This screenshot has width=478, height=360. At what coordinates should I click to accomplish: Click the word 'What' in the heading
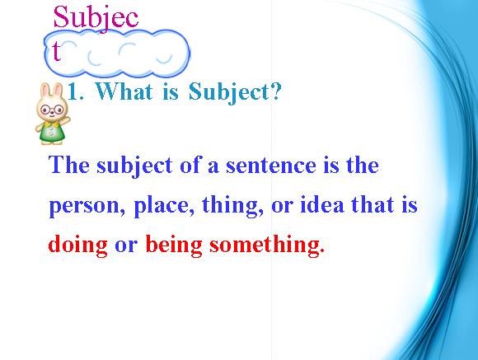point(124,91)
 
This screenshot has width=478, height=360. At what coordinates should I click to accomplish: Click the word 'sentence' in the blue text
point(271,166)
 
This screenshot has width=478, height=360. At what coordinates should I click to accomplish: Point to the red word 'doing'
point(77,245)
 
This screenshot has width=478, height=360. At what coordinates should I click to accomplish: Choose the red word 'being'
point(174,245)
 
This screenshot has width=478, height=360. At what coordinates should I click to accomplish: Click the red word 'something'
point(265,245)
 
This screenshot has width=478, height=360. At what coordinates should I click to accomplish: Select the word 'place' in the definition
point(162,206)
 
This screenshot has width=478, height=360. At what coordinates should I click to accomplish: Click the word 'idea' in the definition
point(322,204)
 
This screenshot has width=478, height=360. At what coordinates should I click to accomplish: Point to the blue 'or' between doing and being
point(126,245)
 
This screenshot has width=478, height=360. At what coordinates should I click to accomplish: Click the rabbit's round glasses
point(52,109)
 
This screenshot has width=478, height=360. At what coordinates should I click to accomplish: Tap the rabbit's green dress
point(52,133)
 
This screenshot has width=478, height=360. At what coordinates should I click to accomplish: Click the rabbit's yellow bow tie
point(52,124)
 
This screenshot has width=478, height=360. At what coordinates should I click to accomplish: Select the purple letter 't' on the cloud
point(56,50)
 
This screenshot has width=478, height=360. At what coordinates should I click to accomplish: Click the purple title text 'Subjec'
point(96,17)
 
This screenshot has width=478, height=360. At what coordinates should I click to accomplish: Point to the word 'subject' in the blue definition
point(134,166)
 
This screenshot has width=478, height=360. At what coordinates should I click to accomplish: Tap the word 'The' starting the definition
point(69,165)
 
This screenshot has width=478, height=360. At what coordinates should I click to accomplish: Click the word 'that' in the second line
point(373,204)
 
